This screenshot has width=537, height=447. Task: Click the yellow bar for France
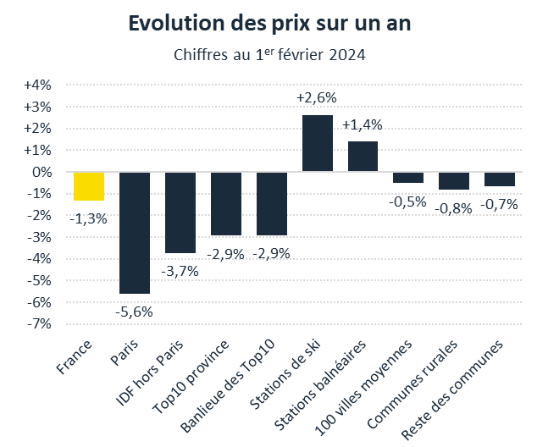coord(89,186)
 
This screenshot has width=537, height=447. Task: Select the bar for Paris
coord(135,233)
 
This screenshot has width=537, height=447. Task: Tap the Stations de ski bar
coord(318,143)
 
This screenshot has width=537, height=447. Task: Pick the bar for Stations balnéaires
coord(363,157)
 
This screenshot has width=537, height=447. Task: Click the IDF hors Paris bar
coord(180,212)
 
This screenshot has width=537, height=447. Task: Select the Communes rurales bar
coord(454,180)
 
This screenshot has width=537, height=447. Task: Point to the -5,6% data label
coord(134,311)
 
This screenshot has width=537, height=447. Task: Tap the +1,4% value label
coord(362,124)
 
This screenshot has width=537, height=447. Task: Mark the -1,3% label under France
coord(88,218)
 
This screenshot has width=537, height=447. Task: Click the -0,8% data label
coord(454,207)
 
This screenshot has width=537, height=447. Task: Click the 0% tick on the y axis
coord(42,172)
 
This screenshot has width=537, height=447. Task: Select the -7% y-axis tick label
coord(40,323)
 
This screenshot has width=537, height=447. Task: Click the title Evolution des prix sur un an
coord(269,24)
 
